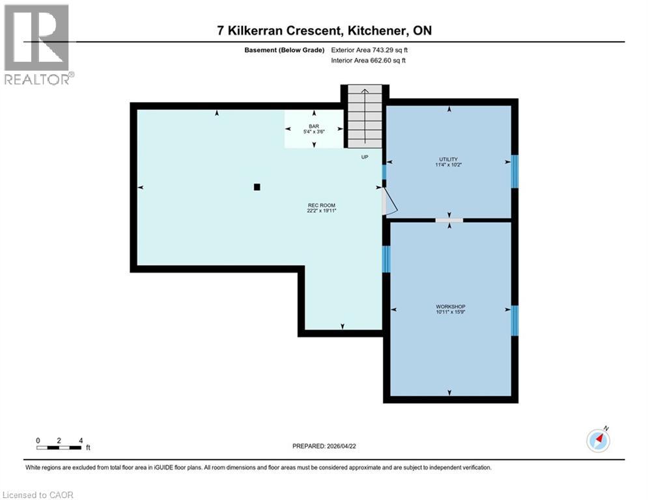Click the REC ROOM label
click(x=321, y=208)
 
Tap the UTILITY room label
click(x=448, y=162)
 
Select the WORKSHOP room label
click(x=451, y=309)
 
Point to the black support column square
click(x=257, y=187)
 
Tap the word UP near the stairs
click(x=365, y=157)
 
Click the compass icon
click(x=598, y=441)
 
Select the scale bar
click(x=59, y=447)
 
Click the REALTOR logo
click(x=38, y=45)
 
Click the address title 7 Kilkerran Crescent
click(x=324, y=31)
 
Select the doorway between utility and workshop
click(x=449, y=220)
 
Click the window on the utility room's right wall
click(x=514, y=171)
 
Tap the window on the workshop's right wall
click(x=514, y=320)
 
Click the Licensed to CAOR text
click(x=38, y=495)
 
